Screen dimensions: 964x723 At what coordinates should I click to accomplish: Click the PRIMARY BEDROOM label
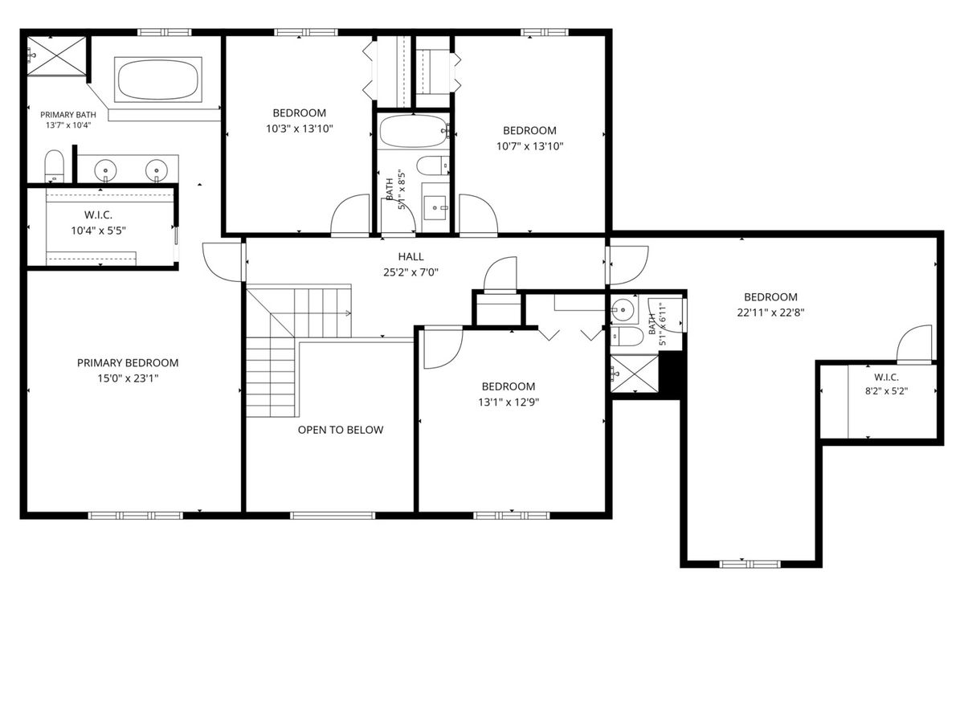128,362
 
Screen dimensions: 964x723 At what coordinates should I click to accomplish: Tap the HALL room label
411,256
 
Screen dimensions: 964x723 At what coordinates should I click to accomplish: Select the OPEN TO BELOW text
341,430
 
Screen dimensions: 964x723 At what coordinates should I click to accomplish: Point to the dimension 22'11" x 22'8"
770,312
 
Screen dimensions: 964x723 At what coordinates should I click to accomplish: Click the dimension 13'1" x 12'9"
509,402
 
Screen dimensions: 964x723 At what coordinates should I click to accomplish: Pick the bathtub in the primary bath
158,80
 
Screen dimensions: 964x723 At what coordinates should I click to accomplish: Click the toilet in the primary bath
54,166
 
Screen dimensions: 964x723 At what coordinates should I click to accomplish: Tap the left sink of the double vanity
105,169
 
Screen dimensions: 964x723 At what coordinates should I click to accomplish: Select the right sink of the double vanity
157,169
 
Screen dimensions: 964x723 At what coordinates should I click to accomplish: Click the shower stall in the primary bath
57,56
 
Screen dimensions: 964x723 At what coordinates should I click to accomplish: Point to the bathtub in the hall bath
413,131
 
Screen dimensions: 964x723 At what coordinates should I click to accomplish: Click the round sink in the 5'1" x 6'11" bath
623,310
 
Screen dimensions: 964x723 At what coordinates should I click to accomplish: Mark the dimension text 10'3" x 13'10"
300,129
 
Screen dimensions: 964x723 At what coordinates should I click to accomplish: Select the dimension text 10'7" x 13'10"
529,146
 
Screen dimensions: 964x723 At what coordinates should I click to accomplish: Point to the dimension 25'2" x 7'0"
411,272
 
